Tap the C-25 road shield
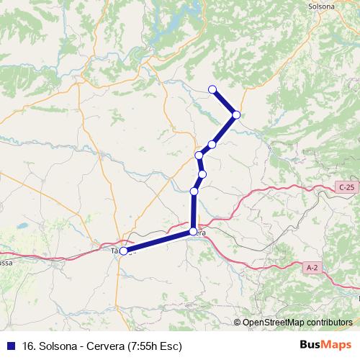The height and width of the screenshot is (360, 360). [346, 188]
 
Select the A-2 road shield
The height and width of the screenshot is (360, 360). [312, 267]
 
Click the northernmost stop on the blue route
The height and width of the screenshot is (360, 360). [212, 89]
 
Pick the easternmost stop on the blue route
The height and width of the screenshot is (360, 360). [236, 114]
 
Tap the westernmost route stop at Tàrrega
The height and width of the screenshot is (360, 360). [124, 251]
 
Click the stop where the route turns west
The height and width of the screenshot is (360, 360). [193, 231]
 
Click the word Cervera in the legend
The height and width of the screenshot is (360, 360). [105, 346]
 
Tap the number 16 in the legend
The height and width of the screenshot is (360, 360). [28, 346]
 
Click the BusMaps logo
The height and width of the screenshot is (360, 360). [326, 346]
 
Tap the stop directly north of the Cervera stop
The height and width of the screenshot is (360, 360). [194, 191]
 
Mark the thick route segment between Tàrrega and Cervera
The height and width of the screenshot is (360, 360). [158, 240]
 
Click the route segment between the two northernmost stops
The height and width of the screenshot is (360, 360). [225, 102]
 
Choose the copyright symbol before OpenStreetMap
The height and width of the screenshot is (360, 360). [238, 322]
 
